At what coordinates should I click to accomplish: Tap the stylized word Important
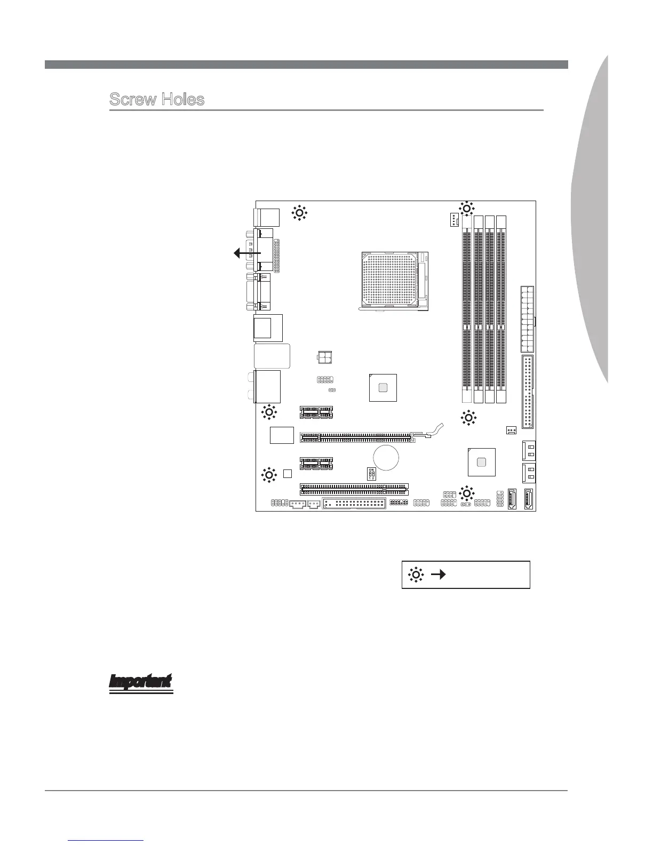click(141, 682)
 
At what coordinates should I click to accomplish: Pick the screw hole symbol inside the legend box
click(416, 575)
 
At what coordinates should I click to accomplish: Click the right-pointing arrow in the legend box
click(439, 575)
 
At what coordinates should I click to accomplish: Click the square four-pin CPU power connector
click(325, 357)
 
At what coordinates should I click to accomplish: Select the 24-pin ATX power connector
click(527, 319)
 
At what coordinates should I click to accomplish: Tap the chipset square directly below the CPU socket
click(383, 387)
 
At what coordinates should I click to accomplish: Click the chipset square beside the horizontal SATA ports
click(482, 461)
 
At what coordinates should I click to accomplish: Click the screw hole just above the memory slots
click(466, 209)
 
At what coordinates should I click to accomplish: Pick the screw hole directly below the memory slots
click(468, 418)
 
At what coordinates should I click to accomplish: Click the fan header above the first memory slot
click(453, 218)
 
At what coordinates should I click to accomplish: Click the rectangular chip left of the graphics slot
click(282, 435)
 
